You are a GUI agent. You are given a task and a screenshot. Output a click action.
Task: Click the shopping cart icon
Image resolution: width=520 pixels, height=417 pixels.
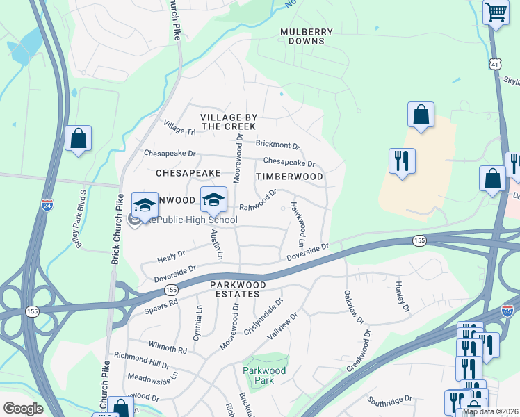pos(496,12)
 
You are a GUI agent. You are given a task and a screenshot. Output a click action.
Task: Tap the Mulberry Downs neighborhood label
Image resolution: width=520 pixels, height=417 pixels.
pos(307,37)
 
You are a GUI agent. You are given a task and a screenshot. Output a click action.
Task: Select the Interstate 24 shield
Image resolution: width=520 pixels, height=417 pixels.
pos(47,205)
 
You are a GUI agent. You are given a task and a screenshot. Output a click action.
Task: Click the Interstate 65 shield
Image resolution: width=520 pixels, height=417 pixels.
pos(508,312)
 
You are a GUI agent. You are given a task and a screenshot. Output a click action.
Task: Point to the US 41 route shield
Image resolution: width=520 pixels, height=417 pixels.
pos(493,63)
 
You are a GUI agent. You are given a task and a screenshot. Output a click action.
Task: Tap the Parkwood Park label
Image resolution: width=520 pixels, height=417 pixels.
pos(264,376)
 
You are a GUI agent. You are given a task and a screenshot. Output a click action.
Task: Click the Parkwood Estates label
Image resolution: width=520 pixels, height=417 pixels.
pos(238,290)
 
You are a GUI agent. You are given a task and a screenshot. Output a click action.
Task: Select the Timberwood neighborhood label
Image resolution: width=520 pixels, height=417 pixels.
pos(289,177)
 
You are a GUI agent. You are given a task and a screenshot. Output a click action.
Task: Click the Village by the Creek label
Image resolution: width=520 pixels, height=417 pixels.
pos(229,122)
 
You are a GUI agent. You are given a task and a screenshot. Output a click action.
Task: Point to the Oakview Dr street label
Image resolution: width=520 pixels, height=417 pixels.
pos(352,306)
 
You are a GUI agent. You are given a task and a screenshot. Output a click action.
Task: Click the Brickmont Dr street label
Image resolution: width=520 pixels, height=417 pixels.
pos(277,145)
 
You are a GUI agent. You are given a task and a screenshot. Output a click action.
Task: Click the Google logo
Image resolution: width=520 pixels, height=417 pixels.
pos(23,409)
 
